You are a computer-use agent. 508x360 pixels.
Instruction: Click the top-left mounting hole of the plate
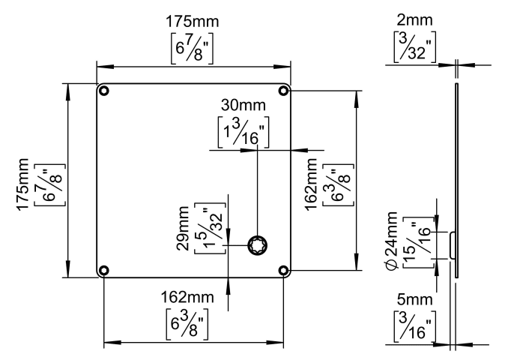coord(103,91)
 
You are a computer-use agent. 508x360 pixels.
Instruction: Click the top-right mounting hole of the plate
coord(283,91)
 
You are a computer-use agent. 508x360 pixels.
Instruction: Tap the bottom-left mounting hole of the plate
coord(103,270)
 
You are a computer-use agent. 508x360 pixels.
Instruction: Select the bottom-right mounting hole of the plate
coord(283,270)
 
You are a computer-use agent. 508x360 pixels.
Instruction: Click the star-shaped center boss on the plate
coord(258,245)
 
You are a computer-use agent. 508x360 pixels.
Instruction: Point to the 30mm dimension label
coord(244,105)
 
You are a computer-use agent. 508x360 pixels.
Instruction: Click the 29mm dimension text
coord(183,228)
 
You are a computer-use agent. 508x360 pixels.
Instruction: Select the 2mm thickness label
coord(414,20)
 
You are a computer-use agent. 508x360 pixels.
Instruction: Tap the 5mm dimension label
coord(414,300)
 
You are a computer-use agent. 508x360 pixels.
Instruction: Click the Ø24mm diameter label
coord(391,241)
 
